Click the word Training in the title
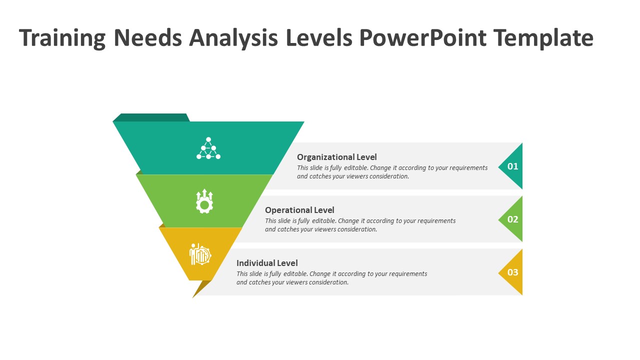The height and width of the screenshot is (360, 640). [62, 38]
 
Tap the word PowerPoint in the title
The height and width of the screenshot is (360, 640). [423, 38]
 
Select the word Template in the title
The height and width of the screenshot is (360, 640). [543, 38]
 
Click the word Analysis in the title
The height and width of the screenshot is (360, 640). [233, 38]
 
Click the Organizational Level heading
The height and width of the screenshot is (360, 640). [337, 157]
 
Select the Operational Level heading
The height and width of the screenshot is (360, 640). [299, 210]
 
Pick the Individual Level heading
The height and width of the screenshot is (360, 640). [267, 263]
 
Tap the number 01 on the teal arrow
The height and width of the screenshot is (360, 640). [513, 166]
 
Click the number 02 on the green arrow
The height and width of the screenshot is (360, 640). [513, 219]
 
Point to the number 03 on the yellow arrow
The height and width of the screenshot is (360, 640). [513, 272]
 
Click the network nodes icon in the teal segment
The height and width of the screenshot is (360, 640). [208, 148]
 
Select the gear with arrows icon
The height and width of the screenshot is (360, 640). [204, 201]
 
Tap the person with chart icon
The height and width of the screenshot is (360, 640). [200, 254]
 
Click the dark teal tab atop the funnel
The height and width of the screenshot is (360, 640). [151, 117]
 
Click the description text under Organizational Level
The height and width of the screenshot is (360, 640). [392, 172]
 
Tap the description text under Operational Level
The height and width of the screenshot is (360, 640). [360, 225]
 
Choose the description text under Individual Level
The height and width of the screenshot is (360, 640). [331, 278]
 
